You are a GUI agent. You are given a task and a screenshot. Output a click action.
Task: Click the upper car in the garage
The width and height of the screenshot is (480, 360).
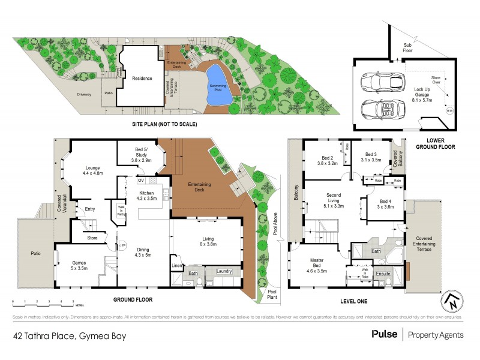tap(374, 84)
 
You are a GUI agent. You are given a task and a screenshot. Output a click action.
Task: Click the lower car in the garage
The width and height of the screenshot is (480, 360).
tap(374, 109)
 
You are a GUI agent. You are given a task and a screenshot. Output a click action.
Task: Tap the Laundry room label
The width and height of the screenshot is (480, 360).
tap(224, 271)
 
